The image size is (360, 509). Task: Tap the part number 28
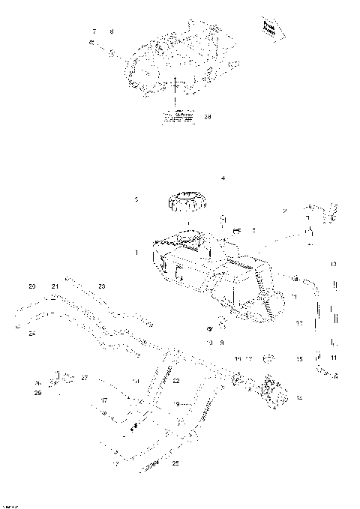208,116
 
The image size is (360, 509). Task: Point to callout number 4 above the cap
222,178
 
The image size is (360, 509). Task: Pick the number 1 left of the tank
136,253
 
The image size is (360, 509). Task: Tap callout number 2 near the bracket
284,212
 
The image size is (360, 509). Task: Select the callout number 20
31,286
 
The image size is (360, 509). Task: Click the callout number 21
55,286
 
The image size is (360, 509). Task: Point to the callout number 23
102,286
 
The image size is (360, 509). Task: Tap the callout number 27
85,377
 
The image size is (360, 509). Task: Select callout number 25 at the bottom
175,463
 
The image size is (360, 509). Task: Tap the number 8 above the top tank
112,31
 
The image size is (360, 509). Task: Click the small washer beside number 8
111,54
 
